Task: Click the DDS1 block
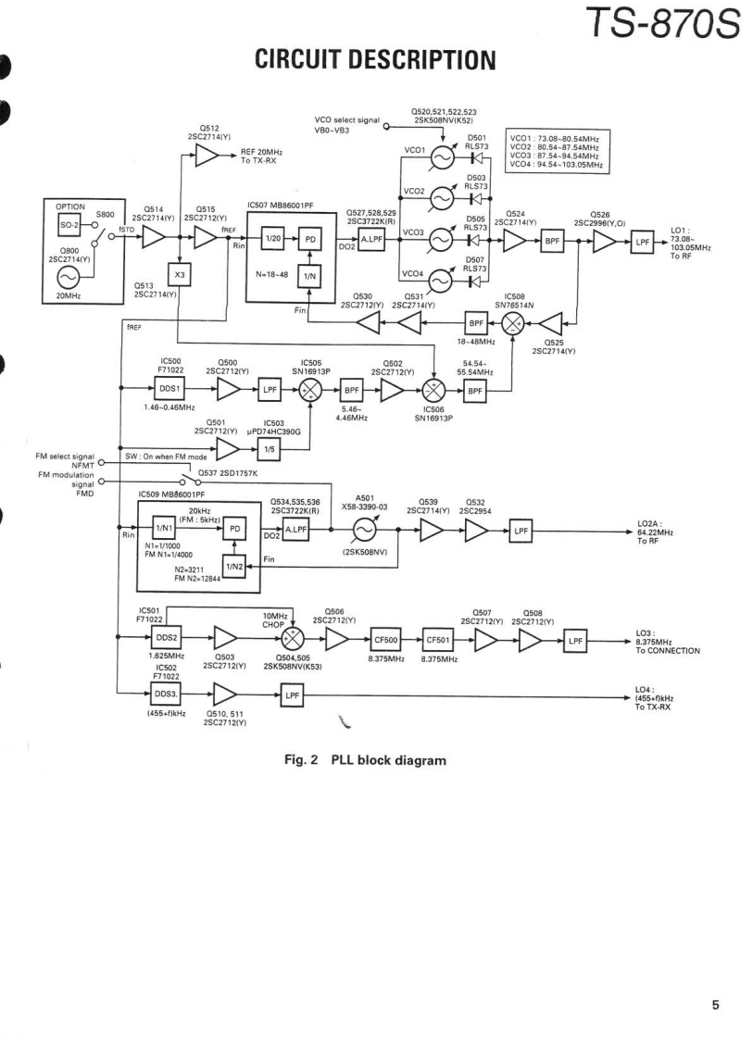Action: [x=169, y=389]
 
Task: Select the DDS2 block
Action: [x=166, y=637]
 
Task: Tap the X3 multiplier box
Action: [x=179, y=275]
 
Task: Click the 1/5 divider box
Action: [x=270, y=450]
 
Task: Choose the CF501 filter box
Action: [x=438, y=640]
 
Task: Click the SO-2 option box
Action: [x=69, y=225]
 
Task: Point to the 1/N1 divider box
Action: [x=163, y=528]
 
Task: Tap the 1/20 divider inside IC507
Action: [x=272, y=239]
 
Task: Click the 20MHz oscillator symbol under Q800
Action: [x=69, y=277]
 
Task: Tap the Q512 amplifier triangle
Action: [x=207, y=156]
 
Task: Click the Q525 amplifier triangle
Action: [x=551, y=323]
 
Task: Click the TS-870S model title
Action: [x=662, y=24]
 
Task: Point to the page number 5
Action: [x=715, y=1006]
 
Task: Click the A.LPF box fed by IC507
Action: [x=371, y=240]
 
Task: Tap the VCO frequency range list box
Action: [x=558, y=152]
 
